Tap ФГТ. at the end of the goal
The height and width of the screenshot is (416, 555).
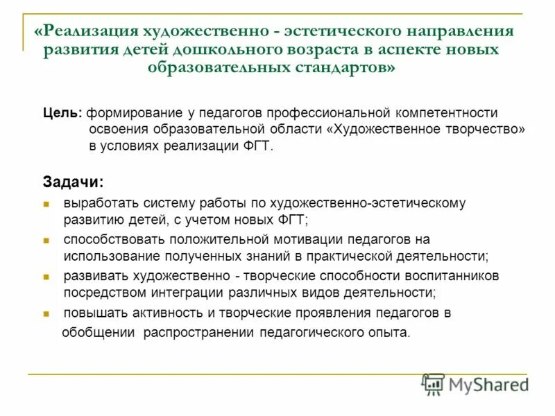tap(261, 146)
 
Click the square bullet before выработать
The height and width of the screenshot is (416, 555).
tap(46, 205)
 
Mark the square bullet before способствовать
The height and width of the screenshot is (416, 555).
tap(46, 240)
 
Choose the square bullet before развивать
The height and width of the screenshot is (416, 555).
tap(46, 276)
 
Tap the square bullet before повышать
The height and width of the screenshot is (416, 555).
tap(46, 313)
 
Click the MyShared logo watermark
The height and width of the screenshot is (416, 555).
tap(476, 384)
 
